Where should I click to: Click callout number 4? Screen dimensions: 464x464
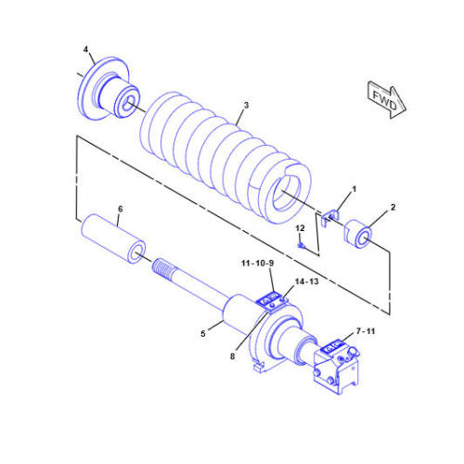pyautogui.click(x=85, y=48)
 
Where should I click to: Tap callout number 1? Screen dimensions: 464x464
pyautogui.click(x=352, y=188)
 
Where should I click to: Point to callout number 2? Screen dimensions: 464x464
pyautogui.click(x=393, y=207)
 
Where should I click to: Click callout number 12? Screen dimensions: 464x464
pyautogui.click(x=300, y=228)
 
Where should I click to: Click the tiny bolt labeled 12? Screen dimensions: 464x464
pyautogui.click(x=303, y=245)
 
